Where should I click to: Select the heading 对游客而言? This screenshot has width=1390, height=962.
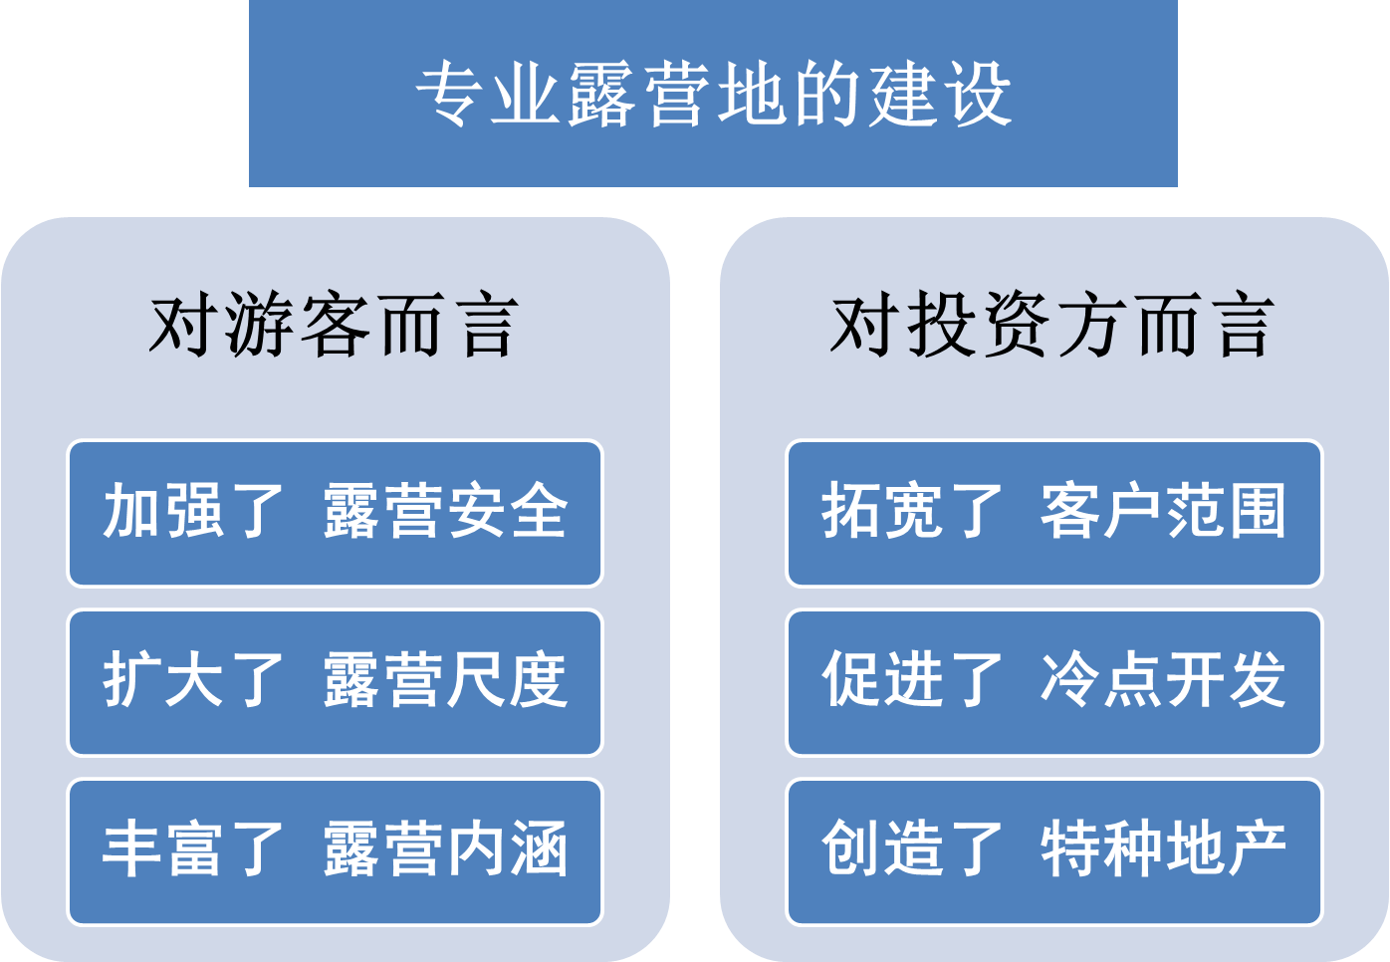click(x=335, y=326)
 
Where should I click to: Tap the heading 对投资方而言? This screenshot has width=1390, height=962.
click(x=1052, y=326)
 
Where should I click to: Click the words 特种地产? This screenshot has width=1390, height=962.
click(x=1163, y=849)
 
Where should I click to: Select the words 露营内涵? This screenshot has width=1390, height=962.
click(x=445, y=849)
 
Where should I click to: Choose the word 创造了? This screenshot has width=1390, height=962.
click(x=911, y=849)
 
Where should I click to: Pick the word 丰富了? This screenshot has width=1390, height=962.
click(x=193, y=849)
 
